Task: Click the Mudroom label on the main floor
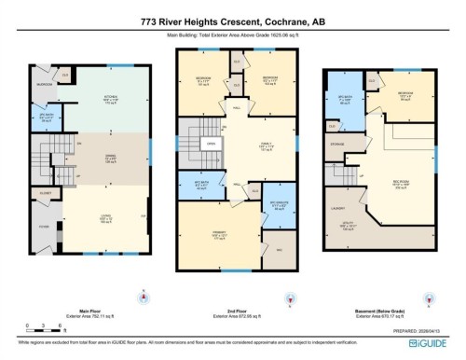click(x=44, y=83)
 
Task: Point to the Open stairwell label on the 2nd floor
click(x=212, y=144)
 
